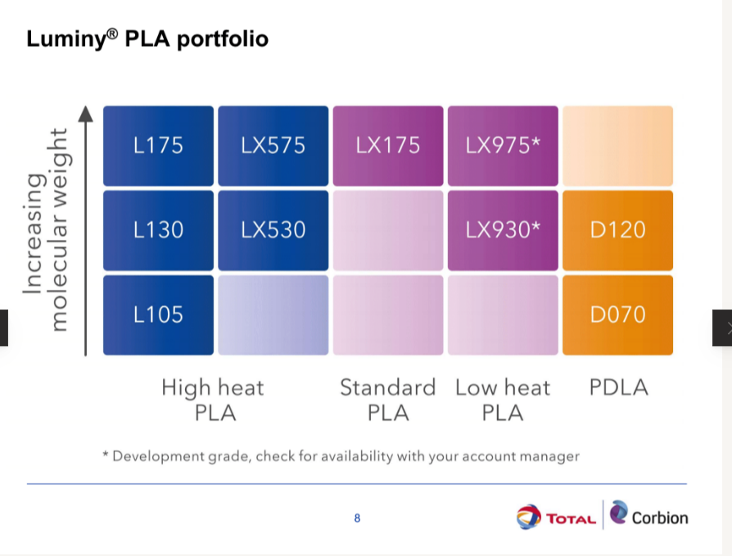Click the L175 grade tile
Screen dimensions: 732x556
(158, 146)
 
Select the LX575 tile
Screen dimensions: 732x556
(273, 146)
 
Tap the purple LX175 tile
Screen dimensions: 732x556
(388, 146)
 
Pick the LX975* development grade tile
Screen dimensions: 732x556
(503, 146)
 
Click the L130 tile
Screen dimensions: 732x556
(158, 230)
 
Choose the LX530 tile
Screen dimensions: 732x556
(273, 230)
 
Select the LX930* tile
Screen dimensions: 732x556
(503, 230)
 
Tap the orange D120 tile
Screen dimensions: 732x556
(617, 230)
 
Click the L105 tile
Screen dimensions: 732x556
(158, 315)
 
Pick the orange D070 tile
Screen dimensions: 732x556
(617, 315)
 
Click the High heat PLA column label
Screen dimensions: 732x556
(214, 400)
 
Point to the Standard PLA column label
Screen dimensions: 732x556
(388, 400)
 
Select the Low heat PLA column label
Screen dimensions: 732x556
(503, 400)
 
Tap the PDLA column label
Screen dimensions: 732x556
(618, 387)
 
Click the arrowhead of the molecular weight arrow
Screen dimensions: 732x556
(85, 114)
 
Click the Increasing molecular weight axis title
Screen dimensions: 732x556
(47, 229)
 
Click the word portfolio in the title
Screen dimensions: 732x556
(223, 39)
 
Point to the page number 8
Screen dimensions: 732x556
(357, 518)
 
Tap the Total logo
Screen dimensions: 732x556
(556, 517)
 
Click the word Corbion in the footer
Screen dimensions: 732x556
(660, 518)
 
